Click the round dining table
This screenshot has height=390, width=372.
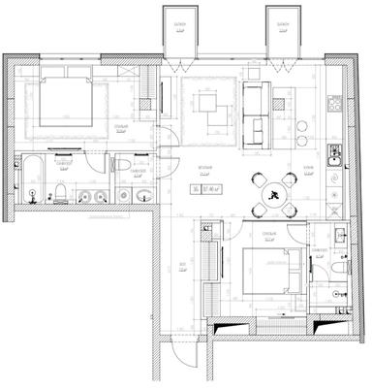click(x=273, y=191)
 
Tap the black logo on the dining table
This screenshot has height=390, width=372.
click(x=274, y=192)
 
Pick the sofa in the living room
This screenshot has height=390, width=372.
click(x=255, y=111)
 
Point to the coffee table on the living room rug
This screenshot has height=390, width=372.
click(x=206, y=104)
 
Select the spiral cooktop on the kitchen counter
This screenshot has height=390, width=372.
click(x=336, y=180)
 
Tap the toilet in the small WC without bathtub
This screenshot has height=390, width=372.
click(x=120, y=166)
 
